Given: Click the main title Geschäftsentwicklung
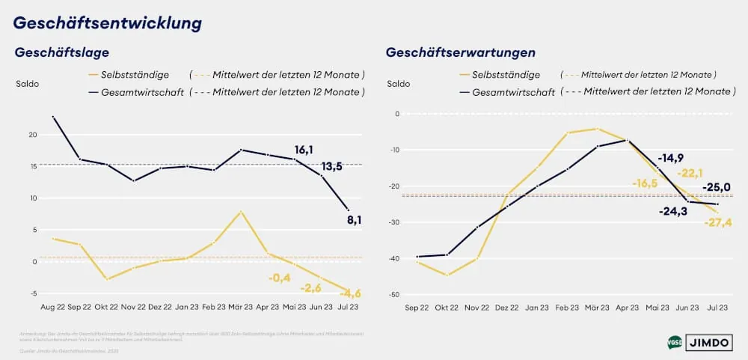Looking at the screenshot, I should click(x=108, y=23).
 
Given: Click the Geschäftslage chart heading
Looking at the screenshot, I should click(x=62, y=52).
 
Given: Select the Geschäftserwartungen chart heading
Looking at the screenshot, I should click(x=460, y=52).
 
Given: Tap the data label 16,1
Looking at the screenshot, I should click(x=304, y=150).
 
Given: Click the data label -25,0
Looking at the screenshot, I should click(x=716, y=187).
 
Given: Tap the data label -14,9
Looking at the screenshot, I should click(x=670, y=158).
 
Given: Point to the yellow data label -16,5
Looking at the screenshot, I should click(x=644, y=183).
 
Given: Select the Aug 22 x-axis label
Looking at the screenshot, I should click(x=54, y=307).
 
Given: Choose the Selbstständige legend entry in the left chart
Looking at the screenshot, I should click(x=129, y=75).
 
